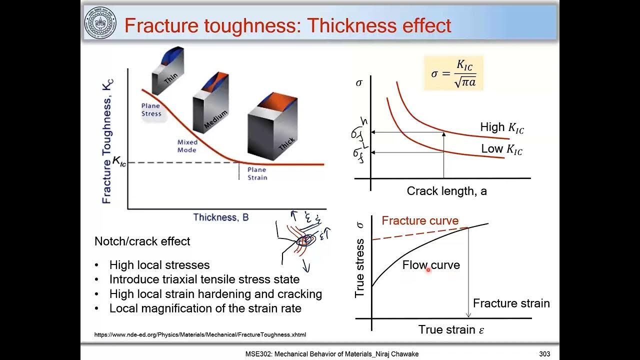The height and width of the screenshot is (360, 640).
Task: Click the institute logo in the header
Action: [100, 23]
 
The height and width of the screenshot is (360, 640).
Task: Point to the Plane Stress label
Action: [151, 109]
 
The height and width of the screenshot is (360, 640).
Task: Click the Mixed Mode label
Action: [187, 146]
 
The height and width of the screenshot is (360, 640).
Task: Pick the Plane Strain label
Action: [257, 173]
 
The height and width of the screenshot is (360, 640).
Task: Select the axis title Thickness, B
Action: [220, 217]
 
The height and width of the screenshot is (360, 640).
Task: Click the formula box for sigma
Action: [453, 73]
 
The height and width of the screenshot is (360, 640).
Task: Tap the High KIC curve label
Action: [502, 127]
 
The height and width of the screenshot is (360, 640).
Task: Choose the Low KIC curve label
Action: [501, 149]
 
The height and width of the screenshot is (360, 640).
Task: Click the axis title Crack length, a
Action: [446, 191]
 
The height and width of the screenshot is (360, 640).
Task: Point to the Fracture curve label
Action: [420, 220]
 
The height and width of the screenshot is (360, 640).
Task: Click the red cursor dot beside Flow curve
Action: [428, 269]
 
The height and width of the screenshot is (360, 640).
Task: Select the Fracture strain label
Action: [511, 303]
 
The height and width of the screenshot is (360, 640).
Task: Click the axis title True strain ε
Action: [451, 329]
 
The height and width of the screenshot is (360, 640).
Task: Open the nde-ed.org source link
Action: [200, 334]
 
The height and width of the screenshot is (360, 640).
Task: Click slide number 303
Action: [544, 354]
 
